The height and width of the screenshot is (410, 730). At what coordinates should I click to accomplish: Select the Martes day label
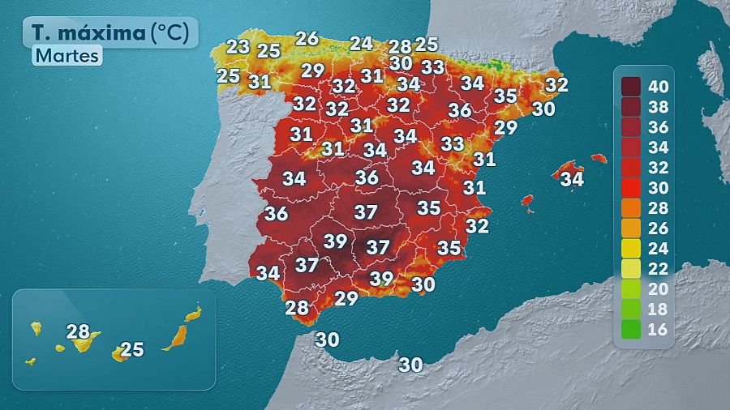point(67,56)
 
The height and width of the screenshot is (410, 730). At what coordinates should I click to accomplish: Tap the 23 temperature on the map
point(238,47)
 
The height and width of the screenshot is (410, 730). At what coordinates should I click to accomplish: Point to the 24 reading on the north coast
point(361,43)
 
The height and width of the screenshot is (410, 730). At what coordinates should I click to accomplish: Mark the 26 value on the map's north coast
point(307,38)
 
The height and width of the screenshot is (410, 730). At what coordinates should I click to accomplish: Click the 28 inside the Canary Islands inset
point(78,331)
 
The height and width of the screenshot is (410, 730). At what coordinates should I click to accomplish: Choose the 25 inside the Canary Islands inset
point(131,350)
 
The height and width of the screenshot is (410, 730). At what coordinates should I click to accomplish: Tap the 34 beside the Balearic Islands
point(572,179)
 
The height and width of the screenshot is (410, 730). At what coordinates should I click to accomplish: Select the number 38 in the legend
point(659,107)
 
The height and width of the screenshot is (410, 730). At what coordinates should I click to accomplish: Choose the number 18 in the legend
point(659,310)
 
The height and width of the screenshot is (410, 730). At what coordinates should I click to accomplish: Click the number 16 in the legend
point(659,330)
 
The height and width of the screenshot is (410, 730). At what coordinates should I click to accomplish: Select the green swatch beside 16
point(632,330)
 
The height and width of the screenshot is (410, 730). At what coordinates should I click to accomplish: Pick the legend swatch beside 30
point(632,188)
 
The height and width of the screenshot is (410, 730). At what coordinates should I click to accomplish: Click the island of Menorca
point(599,159)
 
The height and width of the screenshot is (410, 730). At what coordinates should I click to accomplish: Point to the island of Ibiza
point(526,199)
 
